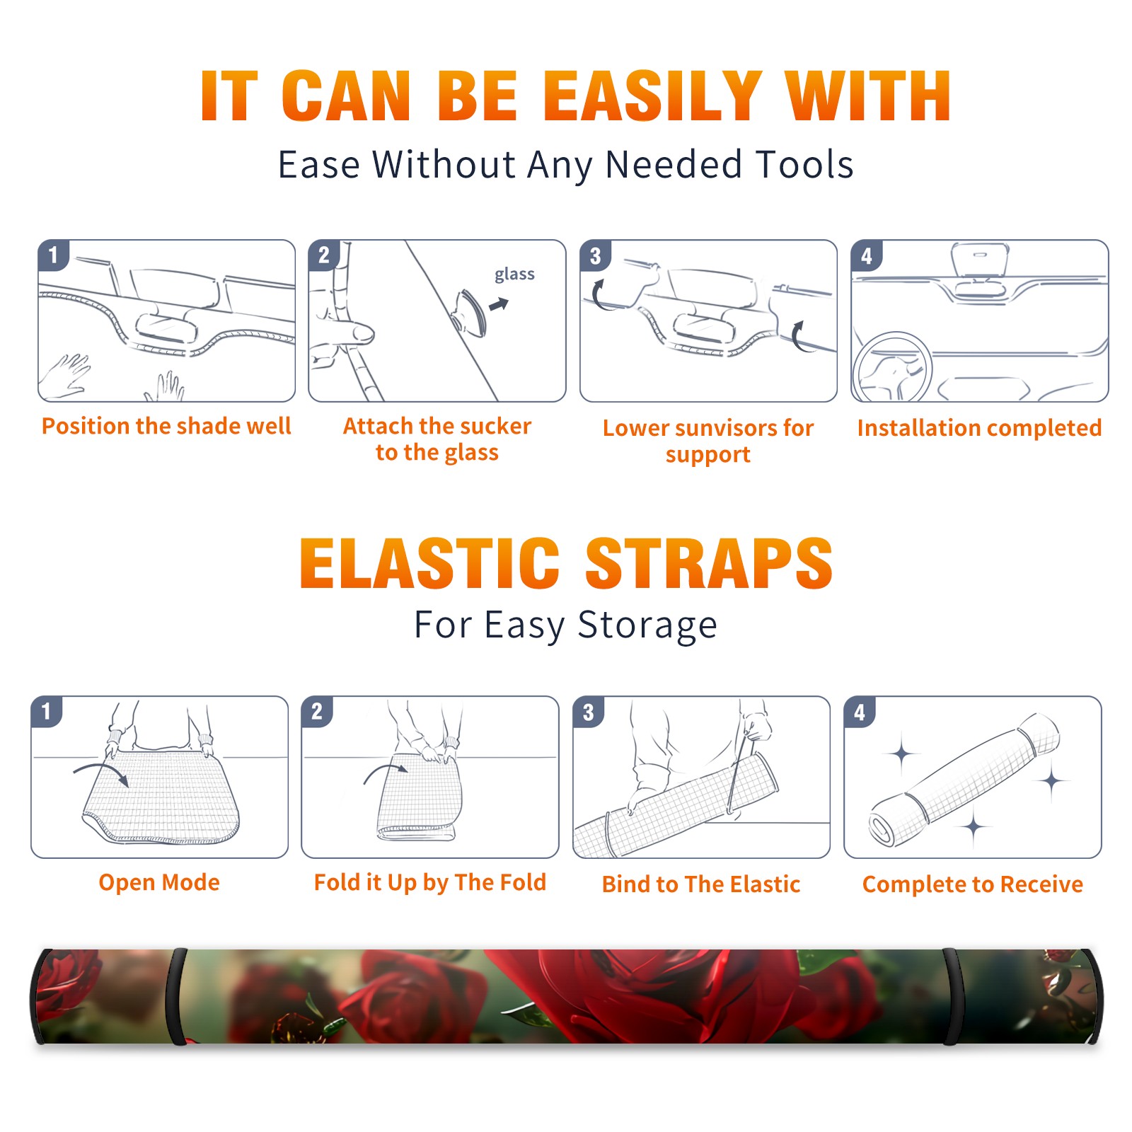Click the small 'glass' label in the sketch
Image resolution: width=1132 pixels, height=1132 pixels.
[x=514, y=275]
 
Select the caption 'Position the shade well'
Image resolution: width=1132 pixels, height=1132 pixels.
[x=166, y=426]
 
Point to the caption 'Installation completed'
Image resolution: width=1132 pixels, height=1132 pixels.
[x=979, y=428]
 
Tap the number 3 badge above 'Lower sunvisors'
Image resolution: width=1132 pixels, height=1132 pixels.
[x=595, y=255]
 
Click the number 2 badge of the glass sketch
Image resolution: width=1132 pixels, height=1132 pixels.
[x=324, y=255]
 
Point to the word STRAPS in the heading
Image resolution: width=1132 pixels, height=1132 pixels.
[x=709, y=563]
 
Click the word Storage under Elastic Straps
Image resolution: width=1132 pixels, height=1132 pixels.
[x=647, y=625]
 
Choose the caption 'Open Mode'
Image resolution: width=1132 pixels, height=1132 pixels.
[x=159, y=882]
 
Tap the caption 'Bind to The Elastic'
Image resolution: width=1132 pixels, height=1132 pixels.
[x=701, y=884]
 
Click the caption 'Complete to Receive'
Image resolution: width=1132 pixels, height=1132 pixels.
[x=973, y=884]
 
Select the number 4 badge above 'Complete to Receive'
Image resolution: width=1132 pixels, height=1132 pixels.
[x=860, y=712]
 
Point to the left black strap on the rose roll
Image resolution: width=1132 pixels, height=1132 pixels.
[x=175, y=996]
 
